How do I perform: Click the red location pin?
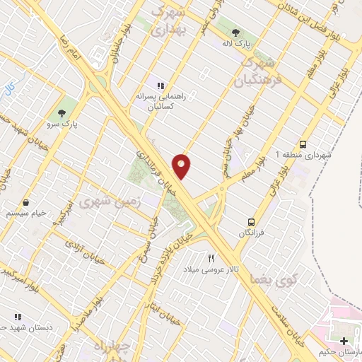pos(182,166)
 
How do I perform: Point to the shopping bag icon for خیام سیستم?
pos(25,203)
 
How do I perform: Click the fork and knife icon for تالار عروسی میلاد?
pos(211,259)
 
